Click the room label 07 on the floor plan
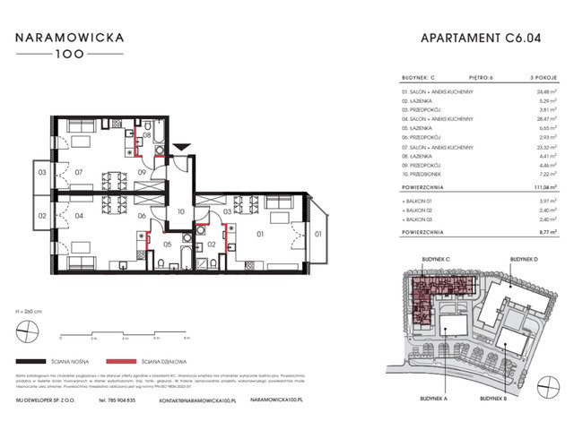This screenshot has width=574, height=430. click(x=78, y=171)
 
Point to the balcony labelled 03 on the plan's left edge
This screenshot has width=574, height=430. click(x=41, y=171)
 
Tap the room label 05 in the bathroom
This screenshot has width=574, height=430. click(x=167, y=244)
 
